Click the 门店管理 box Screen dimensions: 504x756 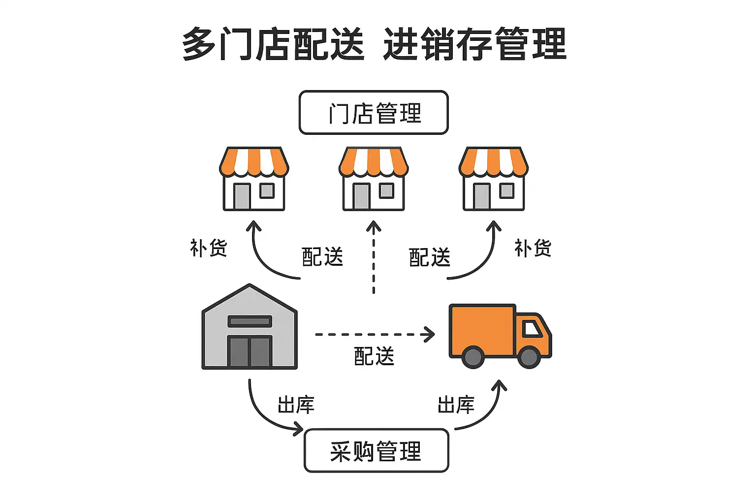(x=374, y=113)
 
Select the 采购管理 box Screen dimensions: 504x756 (x=377, y=451)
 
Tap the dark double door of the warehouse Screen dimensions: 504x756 (x=250, y=351)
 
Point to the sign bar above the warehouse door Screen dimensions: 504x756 (x=250, y=321)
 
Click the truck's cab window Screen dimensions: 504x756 (x=532, y=328)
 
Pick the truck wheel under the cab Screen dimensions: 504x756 (x=529, y=357)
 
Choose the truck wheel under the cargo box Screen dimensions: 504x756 (x=473, y=357)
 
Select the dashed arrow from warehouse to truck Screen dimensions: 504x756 (x=374, y=335)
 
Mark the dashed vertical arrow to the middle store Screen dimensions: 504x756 (x=374, y=258)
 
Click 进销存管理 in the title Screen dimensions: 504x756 (x=474, y=44)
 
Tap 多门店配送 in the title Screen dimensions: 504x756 (x=273, y=44)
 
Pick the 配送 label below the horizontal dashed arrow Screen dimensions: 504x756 (x=374, y=356)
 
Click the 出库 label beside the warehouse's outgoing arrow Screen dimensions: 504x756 (x=296, y=405)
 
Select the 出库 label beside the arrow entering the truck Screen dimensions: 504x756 (x=456, y=405)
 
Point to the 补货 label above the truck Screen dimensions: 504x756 (x=533, y=248)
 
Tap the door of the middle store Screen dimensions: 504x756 (x=361, y=196)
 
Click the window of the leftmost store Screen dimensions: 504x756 (x=267, y=190)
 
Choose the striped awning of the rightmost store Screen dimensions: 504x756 (x=494, y=161)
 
